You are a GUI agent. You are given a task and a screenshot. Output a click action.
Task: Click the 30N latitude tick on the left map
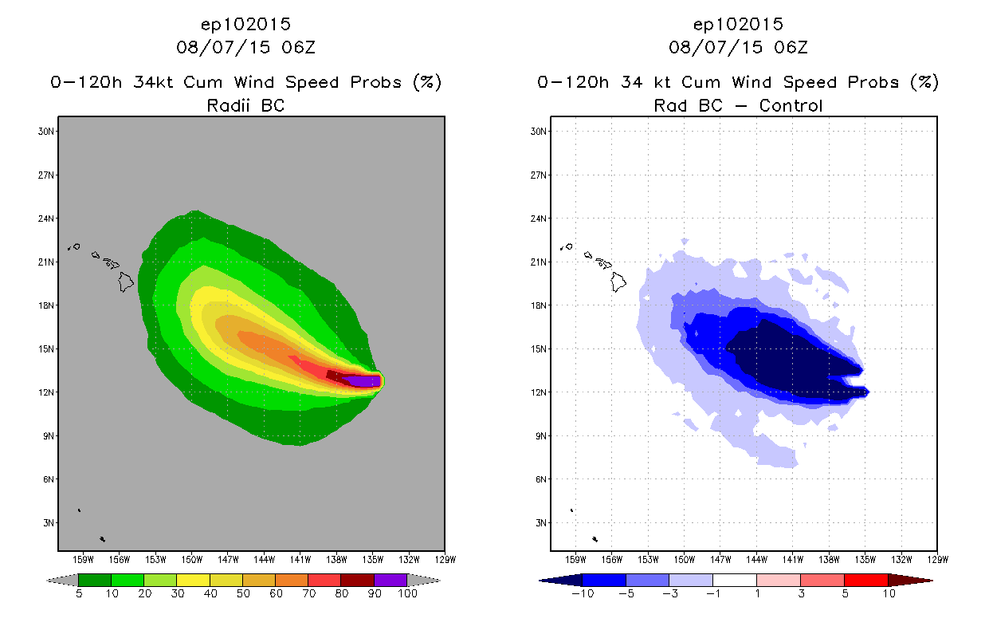pyautogui.click(x=45, y=132)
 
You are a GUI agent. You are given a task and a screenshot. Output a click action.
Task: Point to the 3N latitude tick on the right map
pyautogui.click(x=539, y=522)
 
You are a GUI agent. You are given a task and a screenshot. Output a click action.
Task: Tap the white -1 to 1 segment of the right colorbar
pyautogui.click(x=734, y=580)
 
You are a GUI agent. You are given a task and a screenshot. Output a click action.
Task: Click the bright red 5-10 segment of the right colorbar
pyautogui.click(x=865, y=580)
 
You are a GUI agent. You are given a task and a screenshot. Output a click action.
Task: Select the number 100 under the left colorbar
pyautogui.click(x=407, y=594)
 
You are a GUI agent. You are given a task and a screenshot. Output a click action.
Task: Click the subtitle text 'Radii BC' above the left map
pyautogui.click(x=245, y=105)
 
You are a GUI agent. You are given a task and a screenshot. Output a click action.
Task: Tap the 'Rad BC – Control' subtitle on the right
pyautogui.click(x=738, y=105)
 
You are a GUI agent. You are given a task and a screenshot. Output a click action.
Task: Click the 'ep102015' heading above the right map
pyautogui.click(x=738, y=24)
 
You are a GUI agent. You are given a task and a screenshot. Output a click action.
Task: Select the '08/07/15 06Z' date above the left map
pyautogui.click(x=245, y=47)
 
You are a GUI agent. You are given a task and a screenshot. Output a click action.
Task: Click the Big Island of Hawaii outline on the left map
pyautogui.click(x=126, y=281)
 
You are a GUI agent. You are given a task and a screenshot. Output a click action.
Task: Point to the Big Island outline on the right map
pyautogui.click(x=618, y=281)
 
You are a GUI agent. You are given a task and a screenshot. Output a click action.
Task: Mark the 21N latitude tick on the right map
pyautogui.click(x=539, y=262)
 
